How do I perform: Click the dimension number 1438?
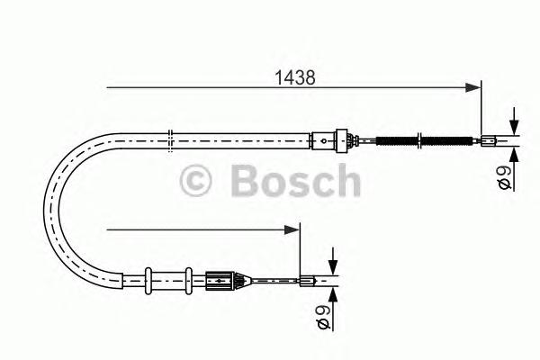[294, 78]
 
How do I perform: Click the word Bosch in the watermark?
[294, 180]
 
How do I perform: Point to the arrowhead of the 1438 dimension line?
[473, 87]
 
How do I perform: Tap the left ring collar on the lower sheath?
[148, 278]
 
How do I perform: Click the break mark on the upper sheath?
[170, 139]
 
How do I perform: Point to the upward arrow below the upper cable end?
[513, 152]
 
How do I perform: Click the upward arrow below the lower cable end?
[332, 293]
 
